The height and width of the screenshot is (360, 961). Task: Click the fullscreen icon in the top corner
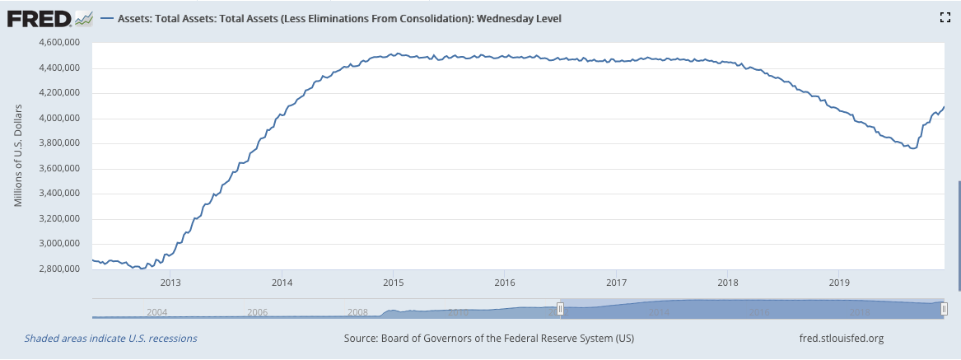pyautogui.click(x=945, y=17)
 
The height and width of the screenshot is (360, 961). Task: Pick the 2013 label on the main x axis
pyautogui.click(x=170, y=283)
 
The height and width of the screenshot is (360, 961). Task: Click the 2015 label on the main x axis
pyautogui.click(x=393, y=283)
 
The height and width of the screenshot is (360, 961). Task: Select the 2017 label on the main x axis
pyautogui.click(x=615, y=283)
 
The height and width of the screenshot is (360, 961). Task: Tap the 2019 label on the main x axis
pyautogui.click(x=838, y=283)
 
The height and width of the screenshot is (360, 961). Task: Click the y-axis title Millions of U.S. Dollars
pyautogui.click(x=17, y=156)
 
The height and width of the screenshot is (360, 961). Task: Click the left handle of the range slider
pyautogui.click(x=560, y=309)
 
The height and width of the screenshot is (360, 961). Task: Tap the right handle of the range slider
pyautogui.click(x=944, y=309)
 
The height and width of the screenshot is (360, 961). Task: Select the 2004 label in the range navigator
pyautogui.click(x=156, y=312)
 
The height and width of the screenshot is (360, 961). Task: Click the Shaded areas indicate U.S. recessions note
pyautogui.click(x=110, y=339)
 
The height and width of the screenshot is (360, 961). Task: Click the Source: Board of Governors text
pyautogui.click(x=488, y=339)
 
